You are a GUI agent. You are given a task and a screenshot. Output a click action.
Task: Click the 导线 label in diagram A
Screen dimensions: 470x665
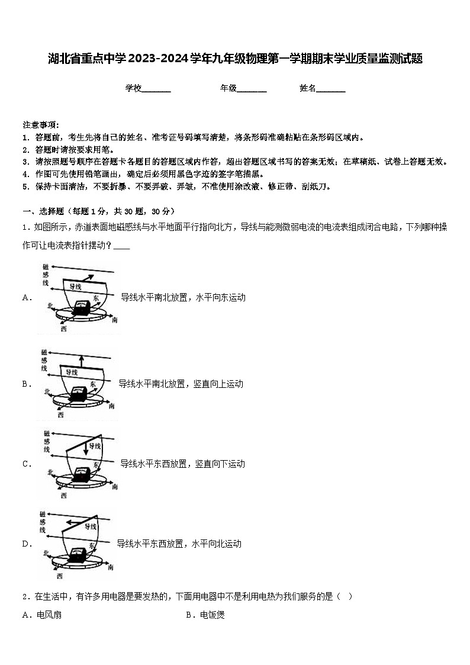76,287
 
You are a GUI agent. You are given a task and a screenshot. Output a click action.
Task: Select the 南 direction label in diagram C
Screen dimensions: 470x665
114,487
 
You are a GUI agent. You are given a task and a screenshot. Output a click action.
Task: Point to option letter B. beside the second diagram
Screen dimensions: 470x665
27,384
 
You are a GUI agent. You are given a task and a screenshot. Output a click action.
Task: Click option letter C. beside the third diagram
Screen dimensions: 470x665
27,464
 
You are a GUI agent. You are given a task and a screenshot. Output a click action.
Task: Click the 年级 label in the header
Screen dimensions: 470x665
228,88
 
